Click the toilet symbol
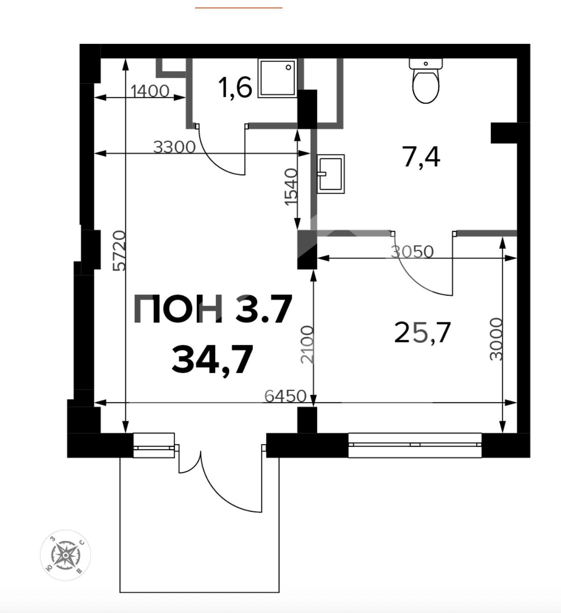click(426, 80)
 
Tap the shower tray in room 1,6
click(277, 78)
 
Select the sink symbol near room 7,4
click(330, 174)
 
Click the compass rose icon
click(65, 555)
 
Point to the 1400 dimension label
click(150, 91)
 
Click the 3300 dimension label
click(174, 147)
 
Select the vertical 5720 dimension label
click(119, 251)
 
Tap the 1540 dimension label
click(291, 187)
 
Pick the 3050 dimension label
click(413, 252)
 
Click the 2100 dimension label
click(307, 345)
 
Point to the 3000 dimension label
click(496, 339)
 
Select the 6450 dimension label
click(285, 397)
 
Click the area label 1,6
click(236, 88)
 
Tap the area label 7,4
click(422, 157)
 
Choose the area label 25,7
click(423, 333)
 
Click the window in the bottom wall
click(415, 445)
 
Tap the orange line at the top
click(238, 7)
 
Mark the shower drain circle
click(288, 68)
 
